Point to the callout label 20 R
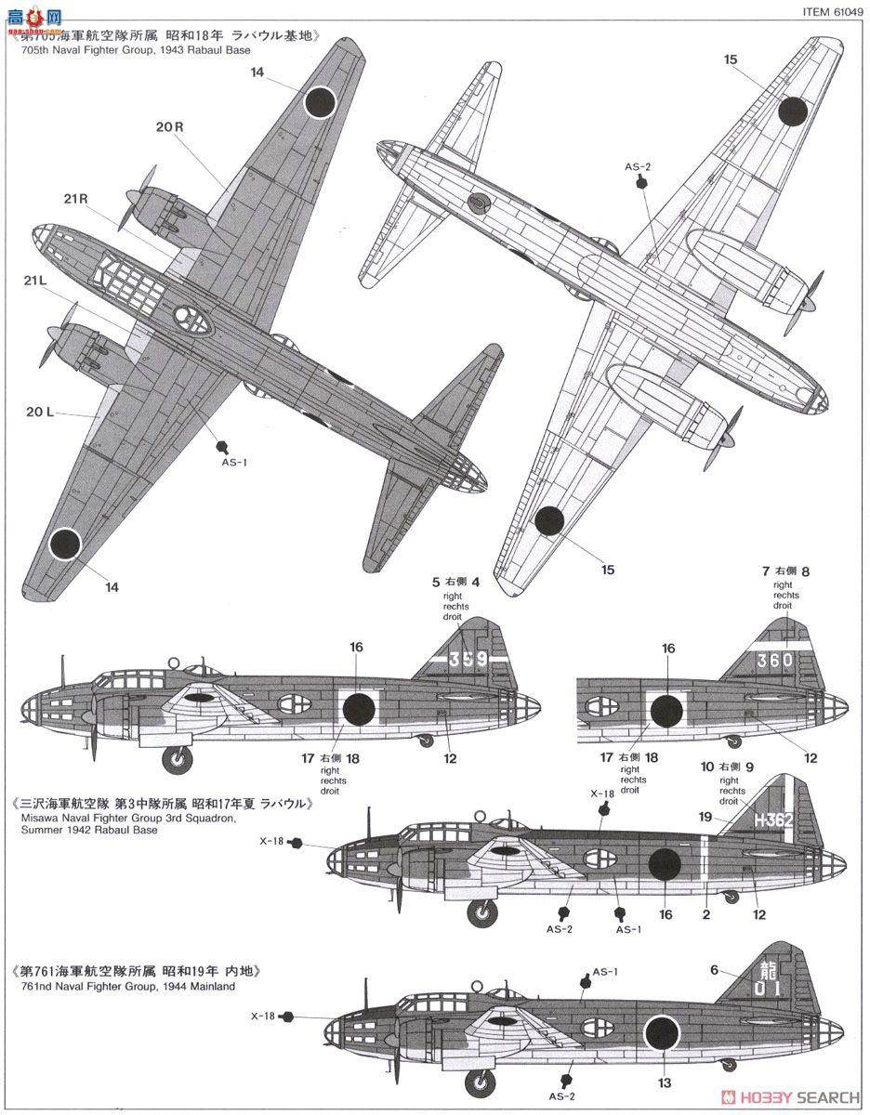point(169,127)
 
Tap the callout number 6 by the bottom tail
point(714,969)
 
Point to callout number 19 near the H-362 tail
point(705,818)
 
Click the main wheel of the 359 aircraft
point(178,759)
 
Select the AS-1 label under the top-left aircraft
point(231,461)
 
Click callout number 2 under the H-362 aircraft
point(706,913)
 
